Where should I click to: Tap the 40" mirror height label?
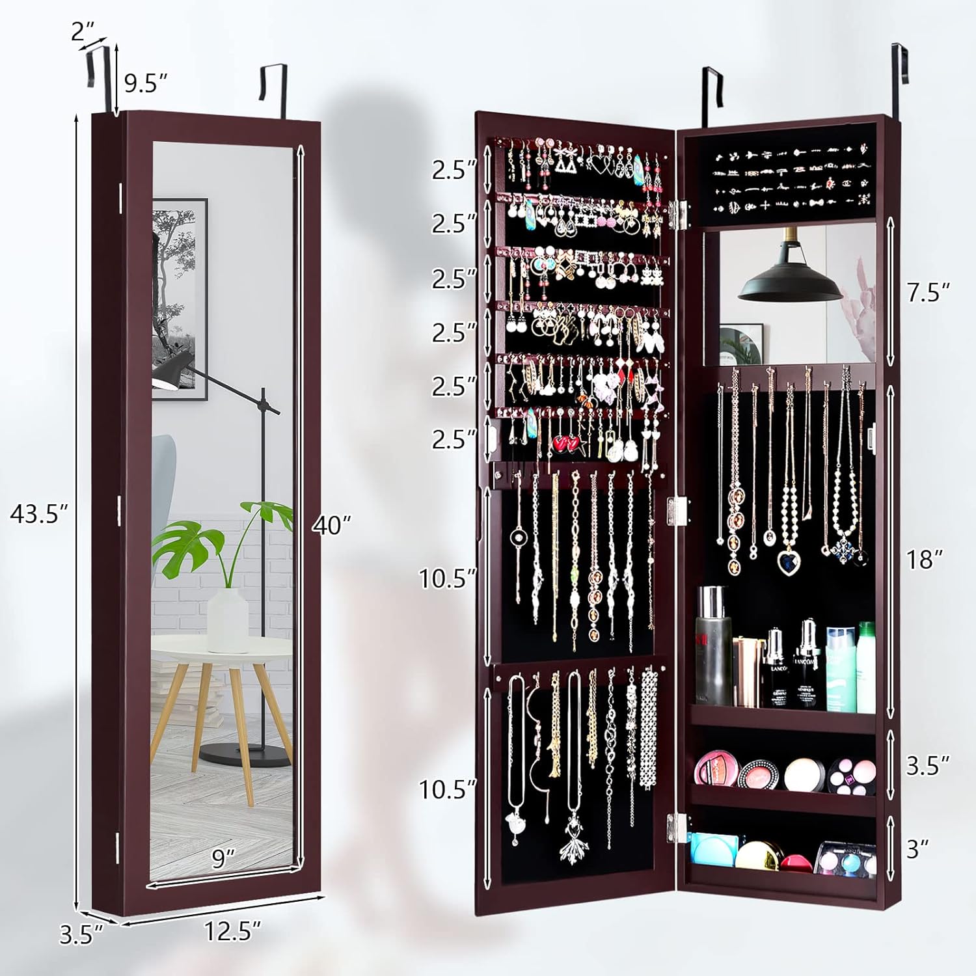(x=331, y=524)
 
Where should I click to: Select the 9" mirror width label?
(x=223, y=858)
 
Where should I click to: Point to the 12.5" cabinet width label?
(x=232, y=931)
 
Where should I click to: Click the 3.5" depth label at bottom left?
(x=81, y=934)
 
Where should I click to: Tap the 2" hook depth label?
(x=83, y=31)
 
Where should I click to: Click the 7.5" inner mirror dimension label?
(x=929, y=292)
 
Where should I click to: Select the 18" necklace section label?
(x=925, y=559)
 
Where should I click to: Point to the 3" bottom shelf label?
(x=917, y=848)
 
